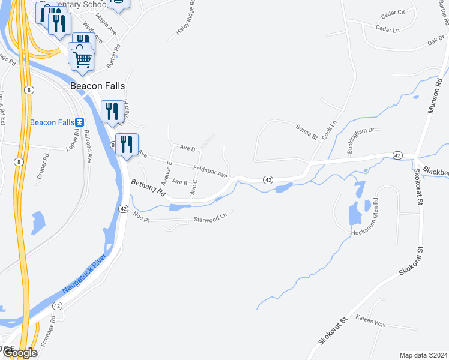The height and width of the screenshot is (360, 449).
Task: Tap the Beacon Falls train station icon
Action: (79, 122)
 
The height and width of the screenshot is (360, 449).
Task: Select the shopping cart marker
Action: (82, 59)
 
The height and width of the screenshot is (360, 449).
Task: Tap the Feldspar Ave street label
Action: (210, 172)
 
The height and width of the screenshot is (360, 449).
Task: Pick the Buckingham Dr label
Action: (360, 139)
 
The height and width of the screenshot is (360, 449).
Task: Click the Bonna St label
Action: (306, 131)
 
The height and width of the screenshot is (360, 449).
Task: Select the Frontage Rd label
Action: (48, 332)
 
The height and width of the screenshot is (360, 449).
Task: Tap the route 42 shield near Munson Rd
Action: (397, 155)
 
